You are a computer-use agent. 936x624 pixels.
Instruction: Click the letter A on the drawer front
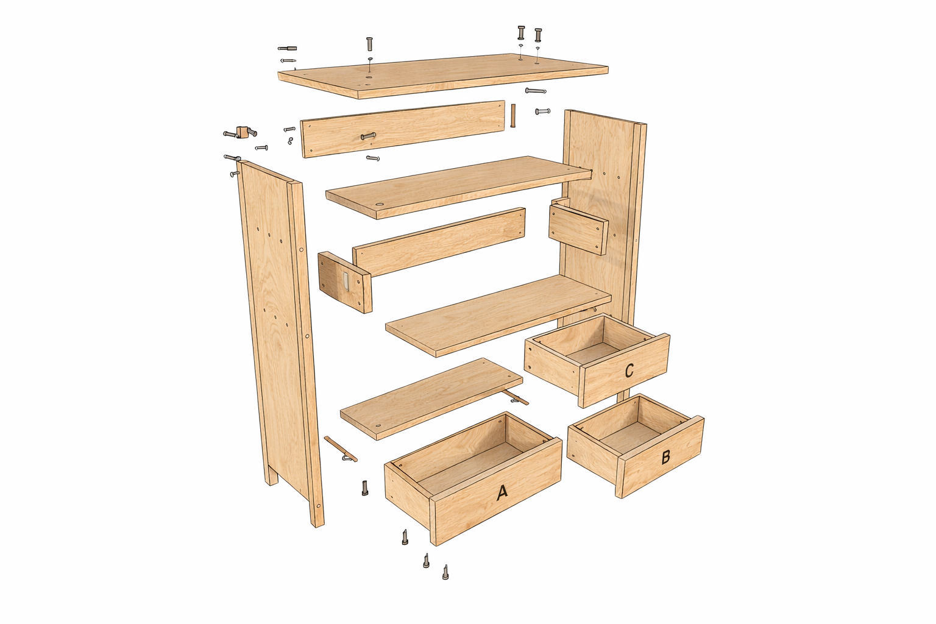pyautogui.click(x=502, y=492)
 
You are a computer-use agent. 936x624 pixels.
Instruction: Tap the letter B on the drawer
pyautogui.click(x=665, y=457)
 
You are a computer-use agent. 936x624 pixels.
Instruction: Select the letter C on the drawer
pyautogui.click(x=629, y=370)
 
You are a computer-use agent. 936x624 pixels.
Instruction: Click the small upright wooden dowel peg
pyautogui.click(x=513, y=116)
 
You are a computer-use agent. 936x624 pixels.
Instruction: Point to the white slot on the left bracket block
pyautogui.click(x=345, y=282)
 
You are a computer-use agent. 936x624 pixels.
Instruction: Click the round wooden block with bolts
pyautogui.click(x=241, y=132)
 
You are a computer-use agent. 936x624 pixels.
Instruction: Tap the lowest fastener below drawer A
pyautogui.click(x=445, y=572)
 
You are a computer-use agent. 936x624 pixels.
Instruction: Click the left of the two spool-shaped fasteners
pyautogui.click(x=521, y=32)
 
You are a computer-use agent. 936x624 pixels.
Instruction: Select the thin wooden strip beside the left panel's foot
pyautogui.click(x=341, y=448)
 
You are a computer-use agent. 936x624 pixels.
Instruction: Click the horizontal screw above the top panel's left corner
pyautogui.click(x=288, y=49)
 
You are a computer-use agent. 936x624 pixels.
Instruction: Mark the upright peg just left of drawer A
pyautogui.click(x=365, y=487)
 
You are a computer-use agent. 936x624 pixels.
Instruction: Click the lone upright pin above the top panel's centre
pyautogui.click(x=369, y=44)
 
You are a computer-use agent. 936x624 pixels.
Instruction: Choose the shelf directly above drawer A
pyautogui.click(x=431, y=399)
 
